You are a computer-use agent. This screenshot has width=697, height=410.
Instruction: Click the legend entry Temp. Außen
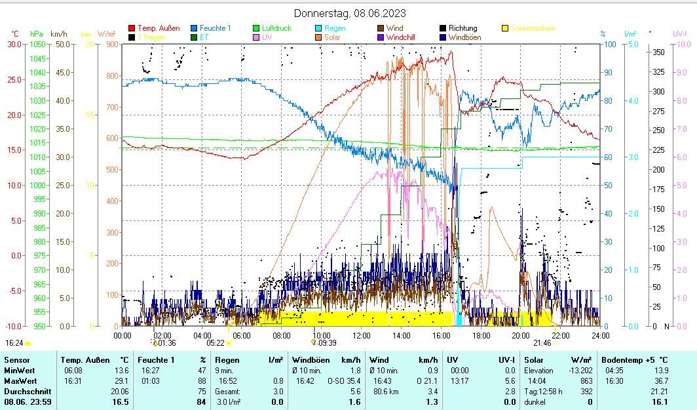pyautogui.click(x=158, y=28)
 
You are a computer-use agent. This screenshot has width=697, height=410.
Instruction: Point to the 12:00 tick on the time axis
pyautogui.click(x=361, y=335)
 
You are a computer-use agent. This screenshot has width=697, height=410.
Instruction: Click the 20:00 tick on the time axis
pyautogui.click(x=521, y=335)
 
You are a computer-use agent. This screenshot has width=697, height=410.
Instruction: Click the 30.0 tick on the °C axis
pyautogui.click(x=14, y=44)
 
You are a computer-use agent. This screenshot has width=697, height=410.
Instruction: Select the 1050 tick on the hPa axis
pyautogui.click(x=37, y=44)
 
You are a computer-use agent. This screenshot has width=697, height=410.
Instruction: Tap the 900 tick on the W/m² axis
pyautogui.click(x=111, y=44)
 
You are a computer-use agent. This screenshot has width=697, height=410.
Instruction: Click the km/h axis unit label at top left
pyautogui.click(x=58, y=33)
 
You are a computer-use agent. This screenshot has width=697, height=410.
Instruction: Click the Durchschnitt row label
pyautogui.click(x=23, y=391)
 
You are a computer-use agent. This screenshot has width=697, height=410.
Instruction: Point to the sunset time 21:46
pyautogui.click(x=542, y=342)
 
